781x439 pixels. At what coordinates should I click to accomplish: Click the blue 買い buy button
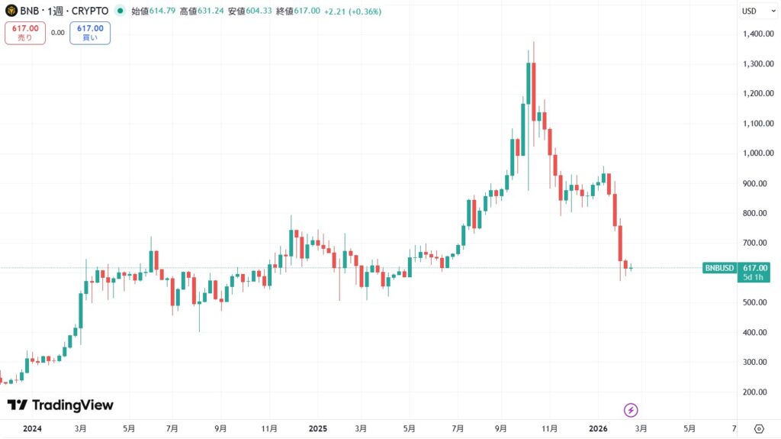pyautogui.click(x=90, y=33)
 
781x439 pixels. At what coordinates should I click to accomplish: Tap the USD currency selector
pyautogui.click(x=749, y=11)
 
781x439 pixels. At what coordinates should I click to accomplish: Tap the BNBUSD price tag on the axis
pyautogui.click(x=719, y=268)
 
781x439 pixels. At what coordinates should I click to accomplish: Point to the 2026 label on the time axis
pyautogui.click(x=599, y=428)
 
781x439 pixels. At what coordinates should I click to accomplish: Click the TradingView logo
pyautogui.click(x=60, y=405)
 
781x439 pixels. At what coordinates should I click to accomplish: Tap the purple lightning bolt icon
pyautogui.click(x=631, y=410)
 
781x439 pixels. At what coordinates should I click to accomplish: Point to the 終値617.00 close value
pyautogui.click(x=299, y=11)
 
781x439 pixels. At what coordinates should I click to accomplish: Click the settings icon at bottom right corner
pyautogui.click(x=759, y=428)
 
